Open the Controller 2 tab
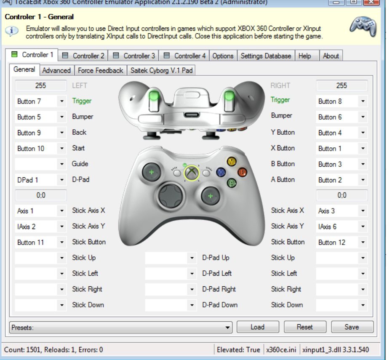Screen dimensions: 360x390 click(84, 56)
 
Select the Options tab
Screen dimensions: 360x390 click(223, 56)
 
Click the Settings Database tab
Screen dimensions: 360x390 click(266, 56)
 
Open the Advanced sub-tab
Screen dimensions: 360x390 click(56, 70)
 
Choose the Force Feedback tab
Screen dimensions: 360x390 click(100, 70)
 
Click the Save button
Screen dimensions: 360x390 click(352, 327)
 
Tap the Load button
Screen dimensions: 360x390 click(257, 327)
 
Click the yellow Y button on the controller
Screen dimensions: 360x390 click(231, 161)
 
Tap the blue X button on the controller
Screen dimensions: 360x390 click(221, 172)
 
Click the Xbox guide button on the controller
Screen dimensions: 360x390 click(192, 172)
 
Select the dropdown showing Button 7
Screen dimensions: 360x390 click(40, 101)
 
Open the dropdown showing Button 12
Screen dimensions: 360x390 click(342, 242)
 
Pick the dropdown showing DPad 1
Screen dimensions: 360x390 click(40, 180)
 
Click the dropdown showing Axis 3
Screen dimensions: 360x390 click(342, 211)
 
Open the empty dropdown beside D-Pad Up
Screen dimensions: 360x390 click(171, 258)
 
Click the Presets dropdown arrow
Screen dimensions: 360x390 click(228, 327)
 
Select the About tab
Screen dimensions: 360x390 click(331, 56)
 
